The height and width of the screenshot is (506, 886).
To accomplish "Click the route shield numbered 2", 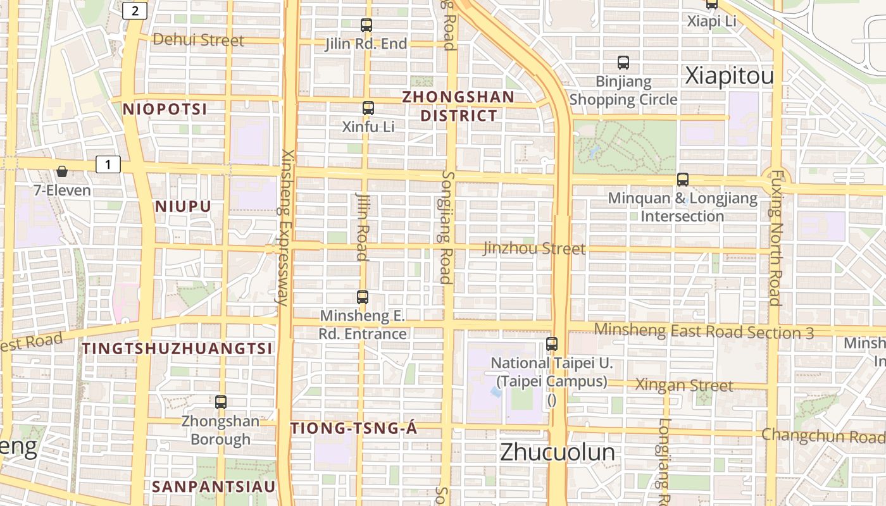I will [x=135, y=11].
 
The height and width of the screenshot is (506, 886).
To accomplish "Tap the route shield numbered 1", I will [x=108, y=165].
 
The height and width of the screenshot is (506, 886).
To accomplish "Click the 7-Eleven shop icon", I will [x=62, y=171].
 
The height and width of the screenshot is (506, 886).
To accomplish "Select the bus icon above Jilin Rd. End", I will [x=366, y=25].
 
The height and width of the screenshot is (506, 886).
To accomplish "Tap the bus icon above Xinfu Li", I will [x=368, y=108].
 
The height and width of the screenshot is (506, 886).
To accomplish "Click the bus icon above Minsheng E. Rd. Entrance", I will [x=363, y=297].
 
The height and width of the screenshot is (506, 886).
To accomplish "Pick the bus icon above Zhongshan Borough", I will [x=221, y=402].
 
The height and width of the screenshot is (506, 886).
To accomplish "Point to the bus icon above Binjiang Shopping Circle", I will [x=623, y=63].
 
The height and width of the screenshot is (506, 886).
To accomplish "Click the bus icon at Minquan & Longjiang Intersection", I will [x=683, y=180].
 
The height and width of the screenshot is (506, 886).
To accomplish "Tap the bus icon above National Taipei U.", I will [x=552, y=344].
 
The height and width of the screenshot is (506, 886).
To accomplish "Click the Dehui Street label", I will [x=198, y=40].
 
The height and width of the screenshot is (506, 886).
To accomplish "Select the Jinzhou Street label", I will [x=534, y=249].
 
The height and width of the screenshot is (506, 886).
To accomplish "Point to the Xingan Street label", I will [x=684, y=385].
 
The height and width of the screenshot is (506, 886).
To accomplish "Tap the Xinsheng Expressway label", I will [x=285, y=228].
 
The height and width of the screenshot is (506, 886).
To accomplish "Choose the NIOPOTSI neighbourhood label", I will [x=165, y=109].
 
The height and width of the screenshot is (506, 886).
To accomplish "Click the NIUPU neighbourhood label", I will [x=183, y=207].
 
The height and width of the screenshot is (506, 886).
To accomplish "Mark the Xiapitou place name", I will [x=730, y=77].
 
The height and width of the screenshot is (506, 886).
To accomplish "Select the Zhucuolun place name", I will [x=557, y=453].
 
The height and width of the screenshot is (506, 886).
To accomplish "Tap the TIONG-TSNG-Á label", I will [x=354, y=429].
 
